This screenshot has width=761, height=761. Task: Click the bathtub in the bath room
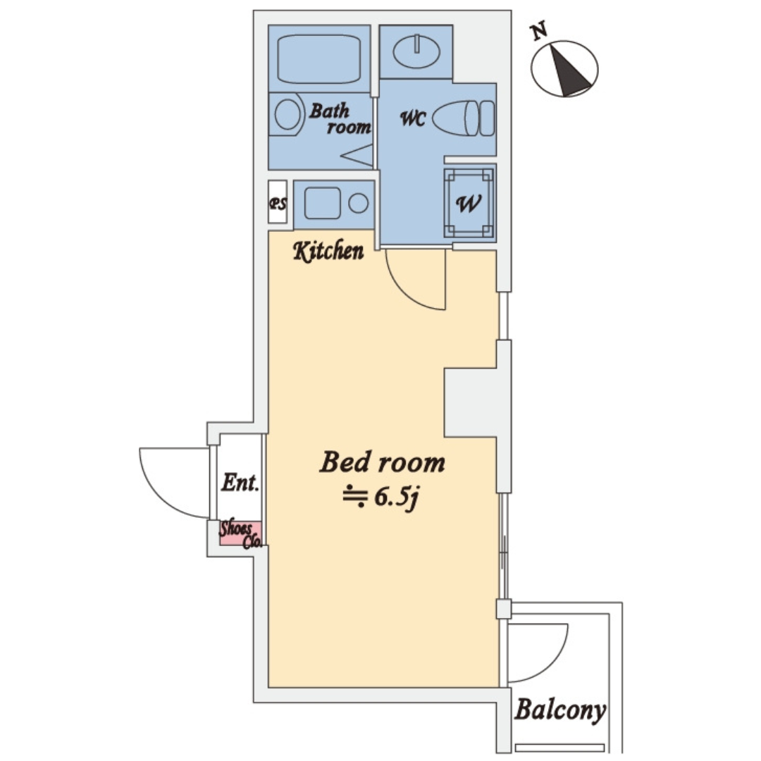pos(319,58)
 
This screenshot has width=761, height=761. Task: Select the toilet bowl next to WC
pos(464,118)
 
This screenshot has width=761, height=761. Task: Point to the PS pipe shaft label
pos(278,204)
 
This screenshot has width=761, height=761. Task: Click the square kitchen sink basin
pos(322,203)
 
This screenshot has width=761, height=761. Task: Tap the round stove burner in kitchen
pos(358,203)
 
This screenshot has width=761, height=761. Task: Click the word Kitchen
pos(328,251)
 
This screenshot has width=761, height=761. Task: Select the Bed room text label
pos(383,462)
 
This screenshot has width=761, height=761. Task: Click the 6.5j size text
pos(396,497)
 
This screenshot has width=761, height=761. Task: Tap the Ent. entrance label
pos(240,483)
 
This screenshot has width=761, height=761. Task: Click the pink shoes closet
pos(240,533)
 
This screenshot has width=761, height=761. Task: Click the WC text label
pos(413,118)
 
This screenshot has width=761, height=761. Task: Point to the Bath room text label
pos(340,118)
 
